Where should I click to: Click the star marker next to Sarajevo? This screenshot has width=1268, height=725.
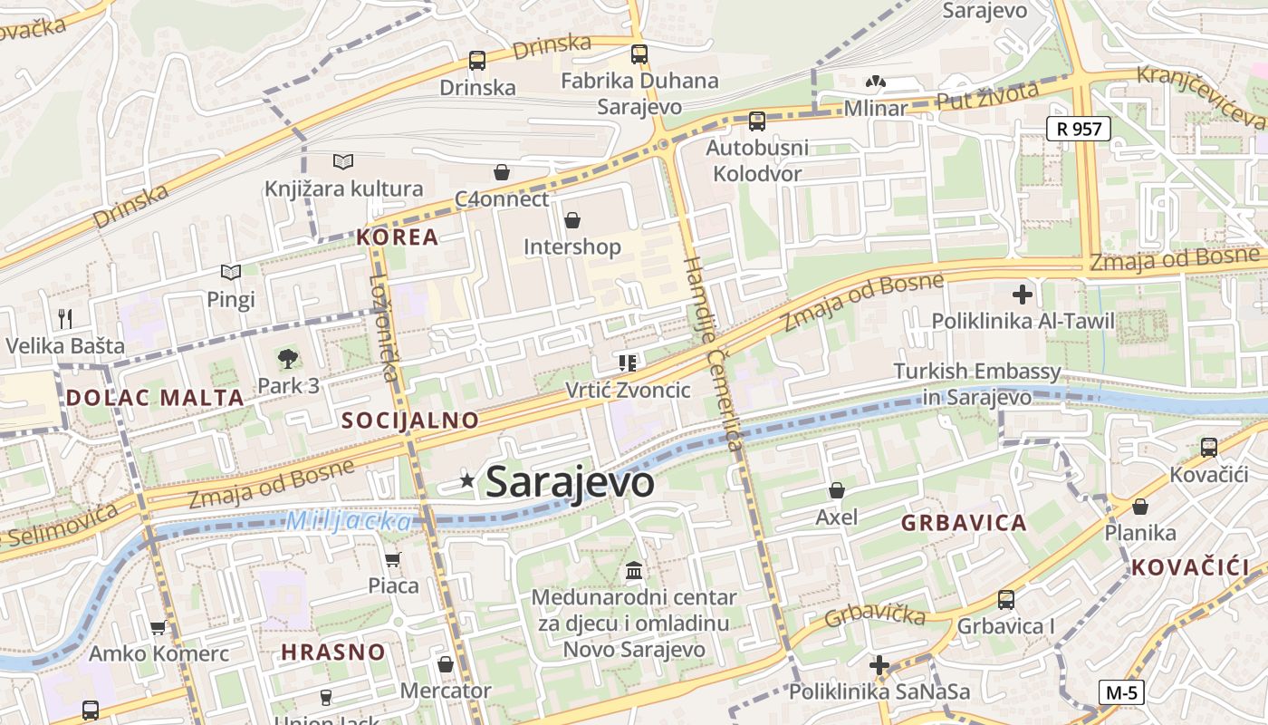[x=467, y=481]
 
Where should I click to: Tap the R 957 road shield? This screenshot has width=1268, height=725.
[x=1078, y=129]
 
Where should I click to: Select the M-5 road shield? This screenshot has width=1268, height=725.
[x=1121, y=692]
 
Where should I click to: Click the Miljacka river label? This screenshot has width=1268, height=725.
[x=349, y=521]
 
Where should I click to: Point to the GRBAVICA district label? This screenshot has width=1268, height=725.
[x=964, y=523]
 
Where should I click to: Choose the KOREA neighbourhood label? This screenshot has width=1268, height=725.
[x=397, y=237]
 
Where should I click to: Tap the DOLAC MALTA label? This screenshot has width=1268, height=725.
[x=155, y=397]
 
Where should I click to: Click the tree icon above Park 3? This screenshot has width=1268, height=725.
[x=288, y=359]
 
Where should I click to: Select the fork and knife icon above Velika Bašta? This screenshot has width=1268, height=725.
[x=64, y=318]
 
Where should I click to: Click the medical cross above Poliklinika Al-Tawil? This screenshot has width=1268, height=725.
[x=1023, y=295]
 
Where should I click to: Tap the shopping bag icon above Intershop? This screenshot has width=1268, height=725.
[x=572, y=219]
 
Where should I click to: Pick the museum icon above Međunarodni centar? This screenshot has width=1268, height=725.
[x=634, y=571]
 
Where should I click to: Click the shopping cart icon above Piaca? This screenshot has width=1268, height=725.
[x=392, y=559]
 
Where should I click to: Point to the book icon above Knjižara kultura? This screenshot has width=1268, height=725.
[x=343, y=162]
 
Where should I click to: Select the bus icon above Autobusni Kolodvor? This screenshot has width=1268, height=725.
[x=756, y=121]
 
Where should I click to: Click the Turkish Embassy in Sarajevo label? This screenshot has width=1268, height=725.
[x=976, y=384]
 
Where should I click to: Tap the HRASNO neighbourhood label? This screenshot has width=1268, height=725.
[x=332, y=652]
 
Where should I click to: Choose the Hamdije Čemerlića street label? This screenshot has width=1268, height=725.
[x=714, y=353]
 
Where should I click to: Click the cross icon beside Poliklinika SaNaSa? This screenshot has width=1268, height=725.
[x=879, y=665]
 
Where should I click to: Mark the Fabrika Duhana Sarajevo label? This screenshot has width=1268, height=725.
[x=639, y=93]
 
